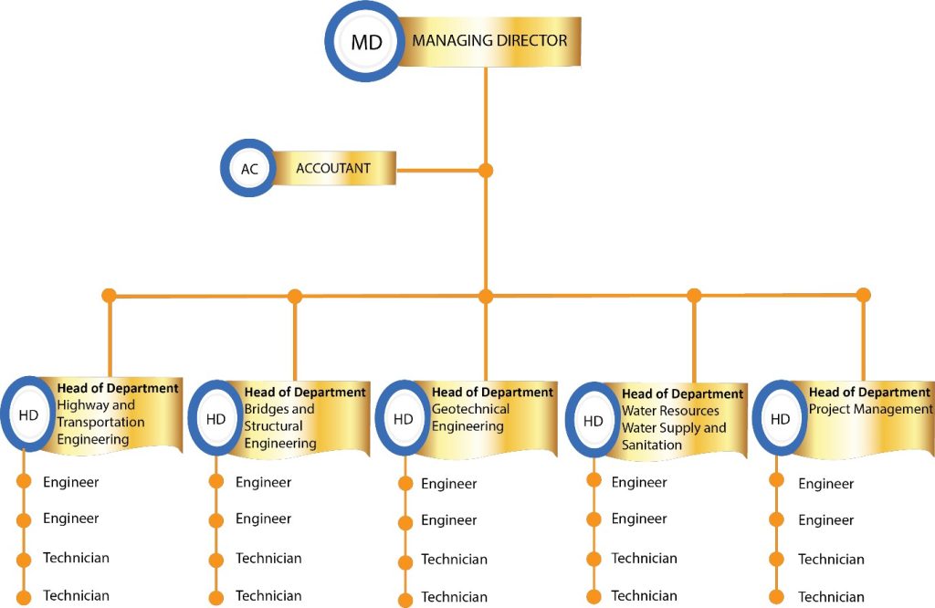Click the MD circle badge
click(x=365, y=42)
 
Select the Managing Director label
click(x=489, y=41)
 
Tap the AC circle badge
click(x=249, y=169)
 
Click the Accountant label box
click(x=333, y=169)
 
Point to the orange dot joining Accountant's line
click(x=486, y=170)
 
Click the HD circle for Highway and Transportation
click(x=28, y=415)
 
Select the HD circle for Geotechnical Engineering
click(x=403, y=419)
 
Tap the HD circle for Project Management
click(x=780, y=419)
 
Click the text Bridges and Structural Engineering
click(x=279, y=426)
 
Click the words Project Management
click(x=870, y=410)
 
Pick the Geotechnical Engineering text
click(x=470, y=418)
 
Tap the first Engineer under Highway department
click(x=70, y=482)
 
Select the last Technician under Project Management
click(x=831, y=597)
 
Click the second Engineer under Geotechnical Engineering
click(x=448, y=520)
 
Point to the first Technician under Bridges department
click(x=268, y=558)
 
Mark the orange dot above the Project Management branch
click(x=863, y=295)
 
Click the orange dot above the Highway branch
click(x=110, y=296)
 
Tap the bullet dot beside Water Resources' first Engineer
click(x=594, y=480)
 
